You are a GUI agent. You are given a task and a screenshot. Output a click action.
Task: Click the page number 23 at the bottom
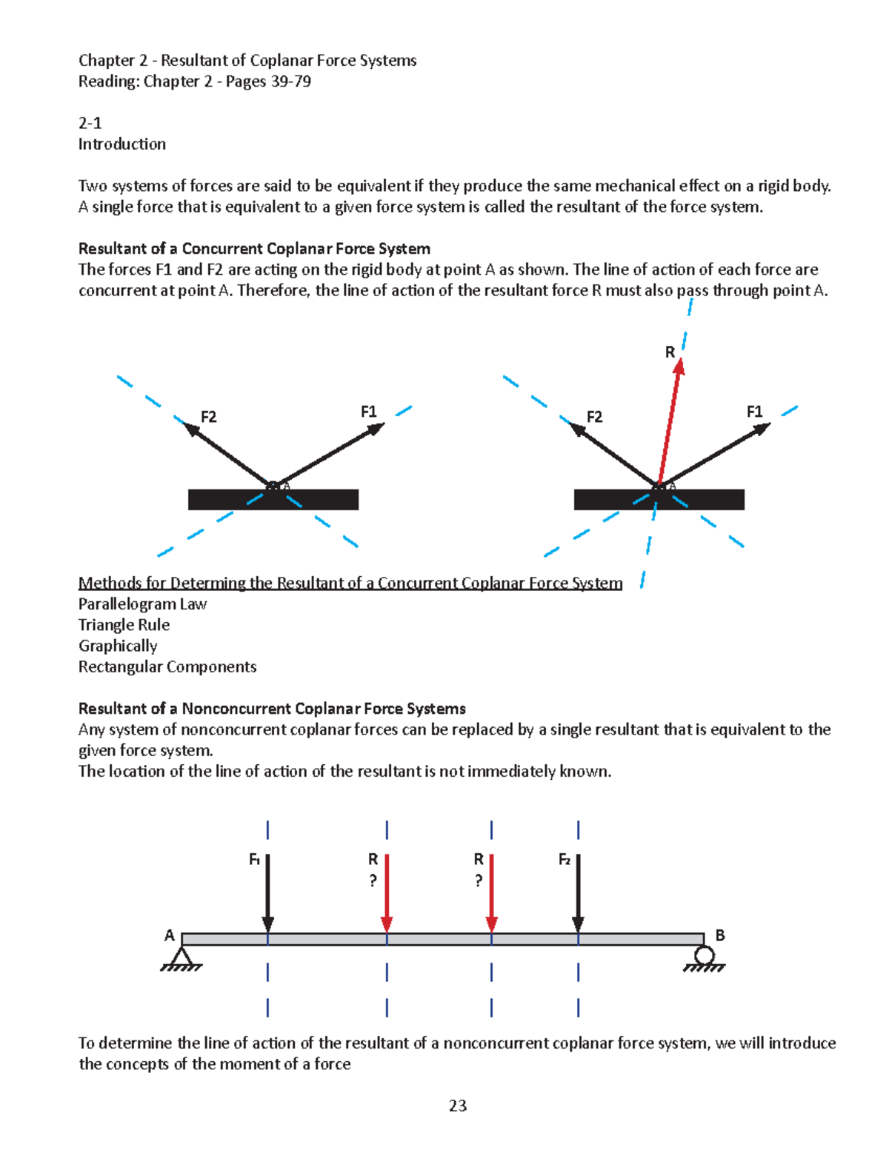457,1106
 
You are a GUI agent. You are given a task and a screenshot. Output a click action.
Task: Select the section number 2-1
90,123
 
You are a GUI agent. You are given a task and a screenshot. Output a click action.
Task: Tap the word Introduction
122,144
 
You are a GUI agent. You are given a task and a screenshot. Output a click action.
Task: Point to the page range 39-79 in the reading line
290,81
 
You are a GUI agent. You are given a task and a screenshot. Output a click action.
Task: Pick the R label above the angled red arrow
670,352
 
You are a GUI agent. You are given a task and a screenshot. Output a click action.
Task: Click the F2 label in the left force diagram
209,417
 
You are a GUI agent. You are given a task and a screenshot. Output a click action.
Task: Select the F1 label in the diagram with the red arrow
754,412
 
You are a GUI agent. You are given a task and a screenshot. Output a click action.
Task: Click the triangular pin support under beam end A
181,957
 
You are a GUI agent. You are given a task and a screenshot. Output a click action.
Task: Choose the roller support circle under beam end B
705,955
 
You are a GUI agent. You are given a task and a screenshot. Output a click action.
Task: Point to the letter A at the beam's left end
170,936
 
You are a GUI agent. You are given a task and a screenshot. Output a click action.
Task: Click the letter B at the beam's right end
719,936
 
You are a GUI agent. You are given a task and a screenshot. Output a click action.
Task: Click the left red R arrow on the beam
387,892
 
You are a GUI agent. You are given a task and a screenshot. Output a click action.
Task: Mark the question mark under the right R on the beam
479,880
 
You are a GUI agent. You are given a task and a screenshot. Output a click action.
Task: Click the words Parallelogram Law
143,604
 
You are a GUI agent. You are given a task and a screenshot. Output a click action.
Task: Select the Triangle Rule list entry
124,625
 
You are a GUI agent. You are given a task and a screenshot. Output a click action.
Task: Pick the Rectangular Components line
167,666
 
